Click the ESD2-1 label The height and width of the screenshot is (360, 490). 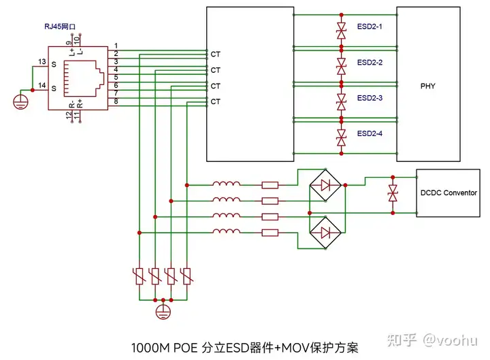370,27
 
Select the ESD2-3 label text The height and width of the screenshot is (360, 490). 370,98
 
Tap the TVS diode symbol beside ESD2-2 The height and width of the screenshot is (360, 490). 341,66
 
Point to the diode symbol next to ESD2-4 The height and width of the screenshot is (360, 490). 341,138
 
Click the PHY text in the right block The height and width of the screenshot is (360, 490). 428,86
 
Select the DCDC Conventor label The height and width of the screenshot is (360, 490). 448,193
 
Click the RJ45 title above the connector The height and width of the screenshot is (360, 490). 60,27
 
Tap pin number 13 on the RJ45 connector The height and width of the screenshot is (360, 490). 42,62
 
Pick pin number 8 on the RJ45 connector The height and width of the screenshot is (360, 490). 116,101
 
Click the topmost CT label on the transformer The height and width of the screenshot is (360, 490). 215,54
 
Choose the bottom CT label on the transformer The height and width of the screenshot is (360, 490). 215,101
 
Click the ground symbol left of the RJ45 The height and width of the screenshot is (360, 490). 20,102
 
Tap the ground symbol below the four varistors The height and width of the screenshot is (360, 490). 163,312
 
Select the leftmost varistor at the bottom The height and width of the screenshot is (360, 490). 140,276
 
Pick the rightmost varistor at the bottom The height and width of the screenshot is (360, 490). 187,276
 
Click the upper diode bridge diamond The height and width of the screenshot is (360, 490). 325,186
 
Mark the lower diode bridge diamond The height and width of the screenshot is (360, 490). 325,233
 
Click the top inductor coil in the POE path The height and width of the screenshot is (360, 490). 227,184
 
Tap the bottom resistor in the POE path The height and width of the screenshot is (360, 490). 270,233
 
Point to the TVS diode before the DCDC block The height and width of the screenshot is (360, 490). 393,193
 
